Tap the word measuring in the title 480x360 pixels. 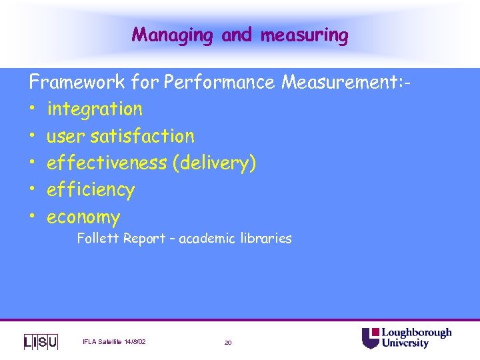point(304,35)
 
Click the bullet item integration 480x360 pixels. point(94,109)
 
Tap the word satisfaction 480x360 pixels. point(142,136)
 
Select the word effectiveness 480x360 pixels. point(106,163)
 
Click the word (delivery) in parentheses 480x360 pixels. point(214,163)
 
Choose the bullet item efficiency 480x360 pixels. point(90,190)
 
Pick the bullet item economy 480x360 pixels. point(83,217)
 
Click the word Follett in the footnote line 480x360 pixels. point(99,238)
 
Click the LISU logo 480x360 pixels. point(41,341)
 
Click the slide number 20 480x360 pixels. point(227,342)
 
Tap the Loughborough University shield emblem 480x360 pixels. point(370,338)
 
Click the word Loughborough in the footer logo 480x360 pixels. point(416,333)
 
